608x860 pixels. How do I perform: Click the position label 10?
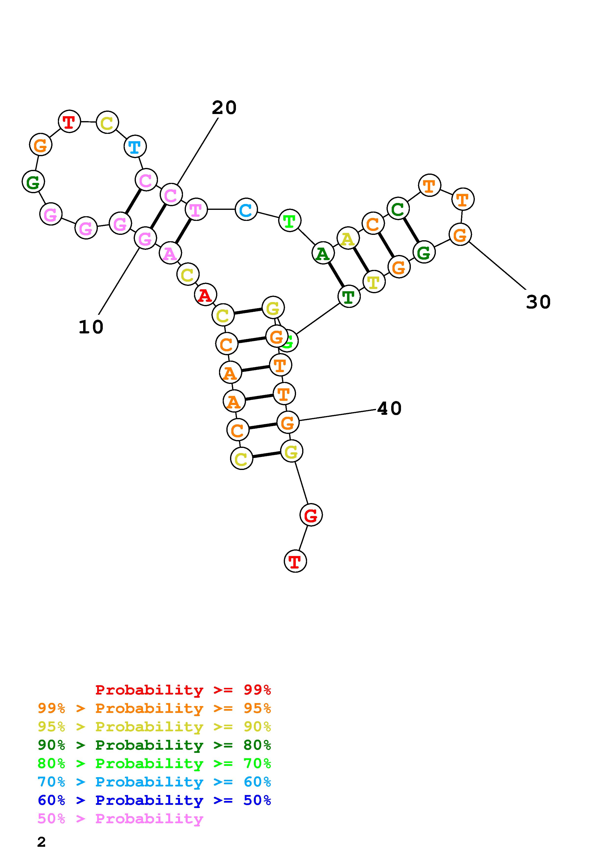pyautogui.click(x=91, y=327)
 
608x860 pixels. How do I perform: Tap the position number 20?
pyautogui.click(x=224, y=108)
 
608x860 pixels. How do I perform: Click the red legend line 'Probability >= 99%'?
pyautogui.click(x=183, y=690)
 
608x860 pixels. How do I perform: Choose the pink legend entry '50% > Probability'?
pyautogui.click(x=120, y=818)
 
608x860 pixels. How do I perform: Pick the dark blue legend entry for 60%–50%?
pyautogui.click(x=154, y=800)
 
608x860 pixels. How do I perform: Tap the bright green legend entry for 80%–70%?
pyautogui.click(x=154, y=763)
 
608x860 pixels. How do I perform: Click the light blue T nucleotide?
pyautogui.click(x=135, y=147)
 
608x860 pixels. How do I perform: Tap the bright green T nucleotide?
pyautogui.click(x=290, y=221)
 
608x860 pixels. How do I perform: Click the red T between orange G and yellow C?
pyautogui.click(x=69, y=121)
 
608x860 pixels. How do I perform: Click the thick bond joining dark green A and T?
pyautogui.click(x=336, y=275)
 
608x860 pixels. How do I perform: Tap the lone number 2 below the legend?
pyautogui.click(x=41, y=842)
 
